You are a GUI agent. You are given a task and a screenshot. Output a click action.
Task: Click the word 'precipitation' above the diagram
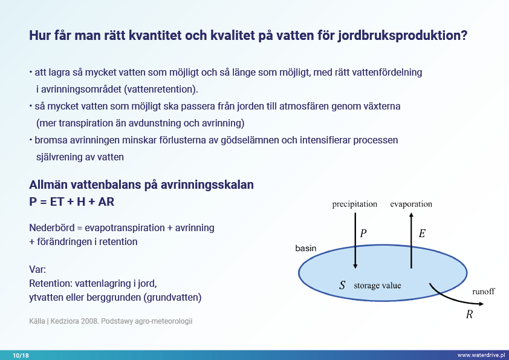click(x=354, y=204)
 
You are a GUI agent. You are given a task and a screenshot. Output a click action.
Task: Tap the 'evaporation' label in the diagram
click(x=411, y=204)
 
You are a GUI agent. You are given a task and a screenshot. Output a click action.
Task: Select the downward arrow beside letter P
click(x=355, y=240)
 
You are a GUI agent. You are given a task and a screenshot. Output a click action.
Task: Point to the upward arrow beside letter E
click(x=411, y=240)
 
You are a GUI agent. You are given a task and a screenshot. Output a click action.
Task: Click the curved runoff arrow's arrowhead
click(x=481, y=304)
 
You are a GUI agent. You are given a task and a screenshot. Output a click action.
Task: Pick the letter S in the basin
click(x=342, y=285)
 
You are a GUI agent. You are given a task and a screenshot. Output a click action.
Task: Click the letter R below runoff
click(x=469, y=314)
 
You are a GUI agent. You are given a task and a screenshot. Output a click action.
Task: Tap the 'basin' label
click(x=306, y=248)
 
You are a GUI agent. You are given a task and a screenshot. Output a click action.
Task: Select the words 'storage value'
click(x=377, y=286)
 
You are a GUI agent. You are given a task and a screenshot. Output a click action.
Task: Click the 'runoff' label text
click(x=484, y=292)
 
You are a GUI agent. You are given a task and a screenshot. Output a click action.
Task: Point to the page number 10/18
click(x=21, y=355)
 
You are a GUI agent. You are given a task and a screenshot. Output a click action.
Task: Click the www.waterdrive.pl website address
click(x=481, y=355)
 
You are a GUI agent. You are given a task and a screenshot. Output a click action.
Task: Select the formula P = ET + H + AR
click(x=72, y=201)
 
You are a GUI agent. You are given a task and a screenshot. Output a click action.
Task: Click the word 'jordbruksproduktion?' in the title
click(x=403, y=36)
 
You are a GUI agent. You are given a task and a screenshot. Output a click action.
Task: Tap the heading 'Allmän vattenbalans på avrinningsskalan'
click(x=141, y=185)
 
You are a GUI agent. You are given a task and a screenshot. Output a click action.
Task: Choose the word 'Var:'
click(x=37, y=269)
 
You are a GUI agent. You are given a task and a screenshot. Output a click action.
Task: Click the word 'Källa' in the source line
click(x=37, y=321)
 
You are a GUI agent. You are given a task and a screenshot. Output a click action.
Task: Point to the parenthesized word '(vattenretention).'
click(x=161, y=89)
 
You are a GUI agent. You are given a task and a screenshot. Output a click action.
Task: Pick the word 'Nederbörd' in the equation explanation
click(x=52, y=227)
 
